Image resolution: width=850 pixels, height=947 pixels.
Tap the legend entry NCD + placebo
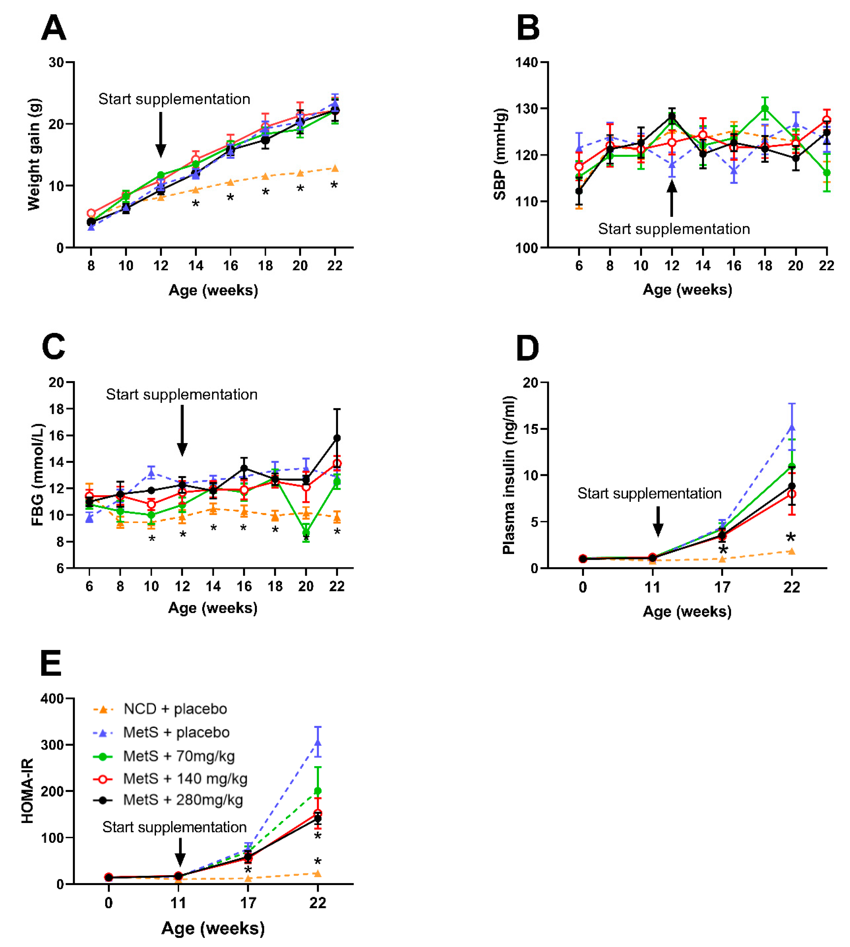[175, 709]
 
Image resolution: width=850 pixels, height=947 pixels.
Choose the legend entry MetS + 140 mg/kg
[185, 778]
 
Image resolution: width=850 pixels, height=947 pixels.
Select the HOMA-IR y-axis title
[27, 791]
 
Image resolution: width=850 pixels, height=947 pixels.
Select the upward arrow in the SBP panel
[672, 199]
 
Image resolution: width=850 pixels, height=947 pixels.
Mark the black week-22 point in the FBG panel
[337, 438]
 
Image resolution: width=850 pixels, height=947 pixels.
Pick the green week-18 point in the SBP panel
[765, 108]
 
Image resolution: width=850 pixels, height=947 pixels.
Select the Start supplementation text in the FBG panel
[182, 395]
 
